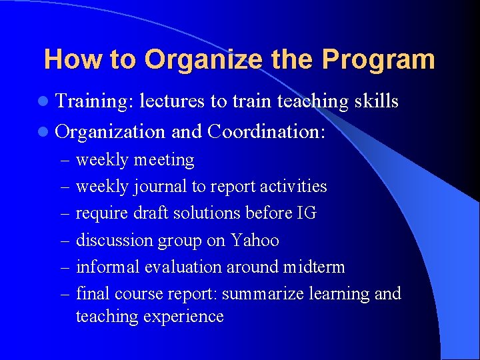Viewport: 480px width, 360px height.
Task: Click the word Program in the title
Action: point(378,60)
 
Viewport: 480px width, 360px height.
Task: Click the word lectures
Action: point(173,101)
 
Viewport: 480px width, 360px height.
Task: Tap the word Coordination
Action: point(266,132)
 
